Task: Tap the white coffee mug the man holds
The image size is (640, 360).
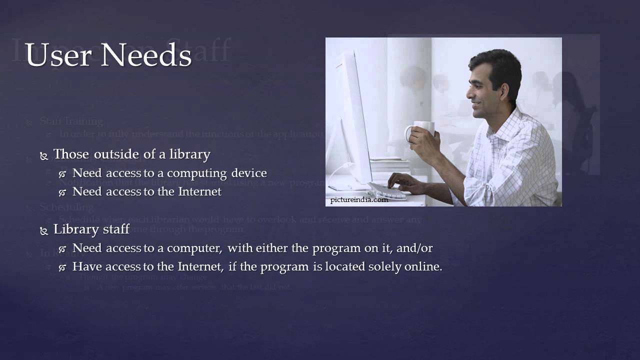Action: pos(421,131)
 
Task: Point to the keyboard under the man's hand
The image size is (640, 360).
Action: pos(388,190)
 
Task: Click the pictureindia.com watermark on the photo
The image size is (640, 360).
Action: pos(359,200)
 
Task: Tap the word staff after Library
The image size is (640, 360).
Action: pos(118,229)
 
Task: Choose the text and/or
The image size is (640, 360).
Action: pos(414,248)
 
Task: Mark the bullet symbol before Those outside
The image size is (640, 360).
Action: pos(44,156)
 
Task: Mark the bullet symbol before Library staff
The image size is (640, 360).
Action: pos(44,231)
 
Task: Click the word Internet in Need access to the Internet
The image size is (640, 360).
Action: pos(198,191)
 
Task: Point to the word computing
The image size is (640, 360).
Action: pos(197,173)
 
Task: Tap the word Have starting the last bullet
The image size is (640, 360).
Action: pos(85,266)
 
